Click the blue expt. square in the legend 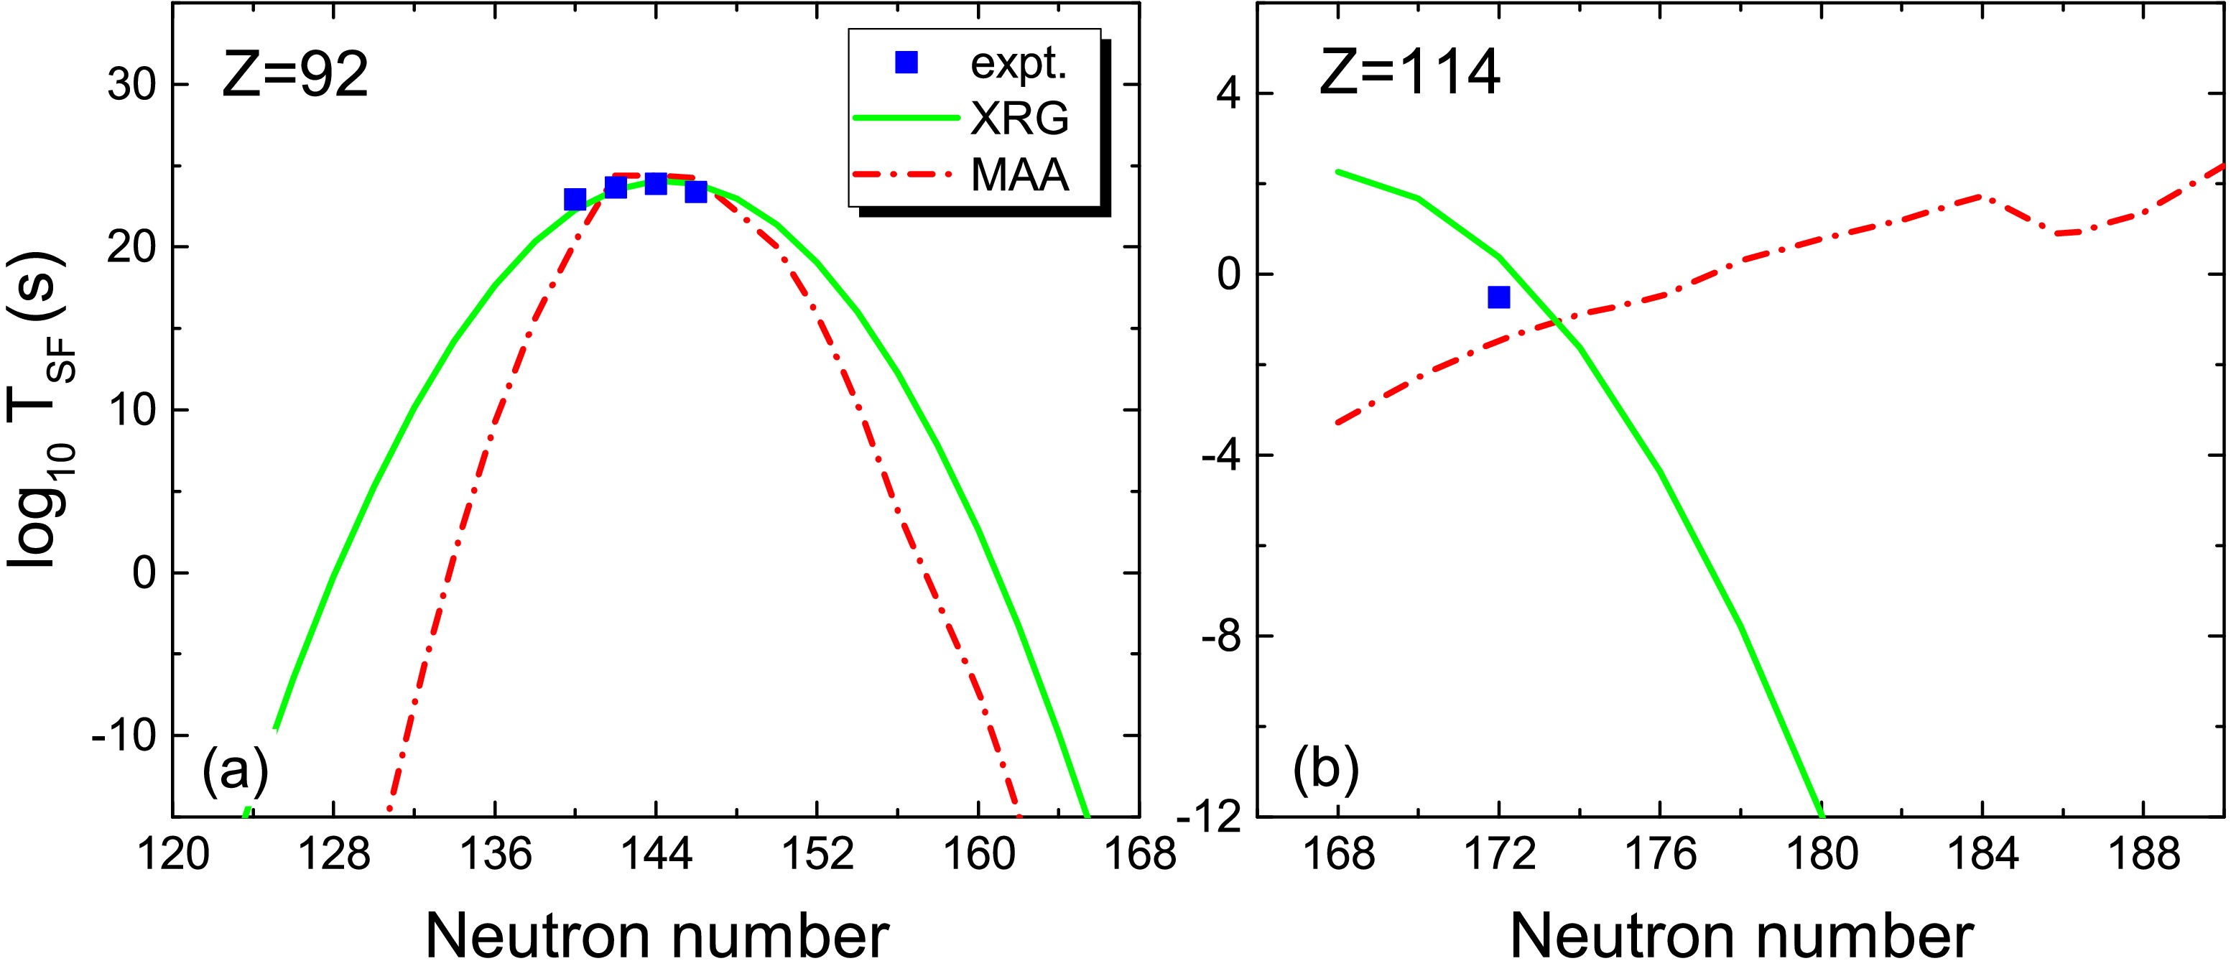906,62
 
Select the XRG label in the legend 1019,118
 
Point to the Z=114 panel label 1409,72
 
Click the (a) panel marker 235,769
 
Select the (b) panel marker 1325,769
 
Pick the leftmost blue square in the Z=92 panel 574,200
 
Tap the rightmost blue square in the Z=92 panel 695,192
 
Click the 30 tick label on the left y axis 131,85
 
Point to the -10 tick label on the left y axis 121,736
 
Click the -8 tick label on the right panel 1221,637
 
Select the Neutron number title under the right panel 1741,935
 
